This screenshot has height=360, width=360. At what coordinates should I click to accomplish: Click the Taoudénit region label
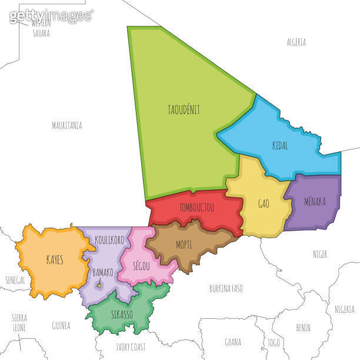pyautogui.click(x=184, y=109)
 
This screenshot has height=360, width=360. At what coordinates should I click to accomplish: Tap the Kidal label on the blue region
pyautogui.click(x=280, y=146)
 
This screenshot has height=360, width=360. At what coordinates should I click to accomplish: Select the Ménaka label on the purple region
pyautogui.click(x=315, y=202)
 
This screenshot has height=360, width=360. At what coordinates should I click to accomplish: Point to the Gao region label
pyautogui.click(x=264, y=204)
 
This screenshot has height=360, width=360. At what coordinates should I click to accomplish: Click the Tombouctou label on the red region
pyautogui.click(x=196, y=208)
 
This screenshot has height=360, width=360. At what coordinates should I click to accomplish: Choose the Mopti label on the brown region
pyautogui.click(x=184, y=245)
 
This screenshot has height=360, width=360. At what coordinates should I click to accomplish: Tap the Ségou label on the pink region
pyautogui.click(x=141, y=266)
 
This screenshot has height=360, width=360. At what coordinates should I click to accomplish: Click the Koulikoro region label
pyautogui.click(x=109, y=240)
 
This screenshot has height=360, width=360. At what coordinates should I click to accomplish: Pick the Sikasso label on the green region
pyautogui.click(x=122, y=314)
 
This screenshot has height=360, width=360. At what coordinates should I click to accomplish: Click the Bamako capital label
pyautogui.click(x=103, y=273)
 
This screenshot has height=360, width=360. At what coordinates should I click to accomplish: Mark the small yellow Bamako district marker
pyautogui.click(x=100, y=286)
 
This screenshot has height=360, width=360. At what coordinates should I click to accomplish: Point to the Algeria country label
pyautogui.click(x=296, y=42)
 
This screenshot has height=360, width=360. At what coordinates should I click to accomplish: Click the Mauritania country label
pyautogui.click(x=66, y=125)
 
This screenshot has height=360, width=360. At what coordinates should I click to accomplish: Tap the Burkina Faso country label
pyautogui.click(x=226, y=288)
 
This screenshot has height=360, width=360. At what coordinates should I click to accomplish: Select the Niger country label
pyautogui.click(x=319, y=254)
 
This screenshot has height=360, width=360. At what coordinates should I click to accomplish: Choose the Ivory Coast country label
pyautogui.click(x=131, y=346)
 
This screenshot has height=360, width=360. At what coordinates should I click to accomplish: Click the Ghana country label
pyautogui.click(x=233, y=342)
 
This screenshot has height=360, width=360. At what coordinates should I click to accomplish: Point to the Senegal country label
pyautogui.click(x=15, y=280)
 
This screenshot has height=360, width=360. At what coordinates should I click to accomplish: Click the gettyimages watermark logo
pyautogui.click(x=51, y=15)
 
